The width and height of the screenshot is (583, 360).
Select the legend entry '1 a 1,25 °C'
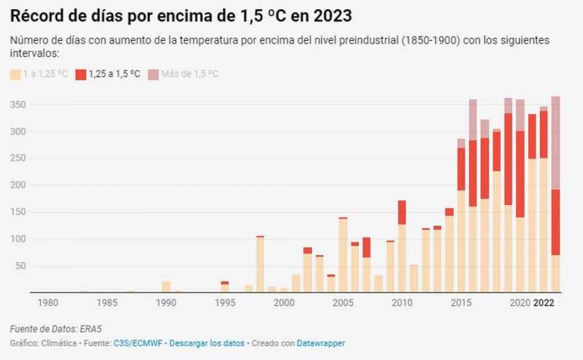pyautogui.click(x=38, y=74)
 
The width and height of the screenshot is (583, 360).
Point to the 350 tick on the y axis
pyautogui.click(x=17, y=104)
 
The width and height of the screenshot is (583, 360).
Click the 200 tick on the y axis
pyautogui.click(x=17, y=185)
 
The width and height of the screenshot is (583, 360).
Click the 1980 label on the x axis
pyautogui.click(x=48, y=303)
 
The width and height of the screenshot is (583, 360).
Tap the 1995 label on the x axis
pyautogui.click(x=225, y=303)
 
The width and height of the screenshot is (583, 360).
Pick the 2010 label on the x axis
pyautogui.click(x=402, y=303)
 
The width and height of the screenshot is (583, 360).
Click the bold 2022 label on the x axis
pyautogui.click(x=544, y=303)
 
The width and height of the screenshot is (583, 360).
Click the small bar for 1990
pyautogui.click(x=165, y=286)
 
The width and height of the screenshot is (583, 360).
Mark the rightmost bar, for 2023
pyautogui.click(x=556, y=194)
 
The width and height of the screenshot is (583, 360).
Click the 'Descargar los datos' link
pyautogui.click(x=207, y=343)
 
